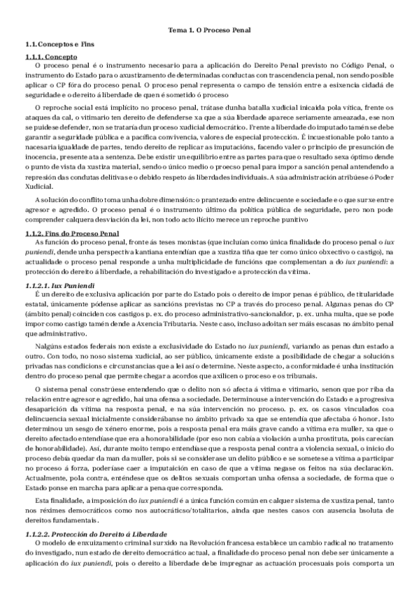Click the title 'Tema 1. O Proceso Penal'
click(x=209, y=31)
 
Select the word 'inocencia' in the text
click(x=39, y=160)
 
